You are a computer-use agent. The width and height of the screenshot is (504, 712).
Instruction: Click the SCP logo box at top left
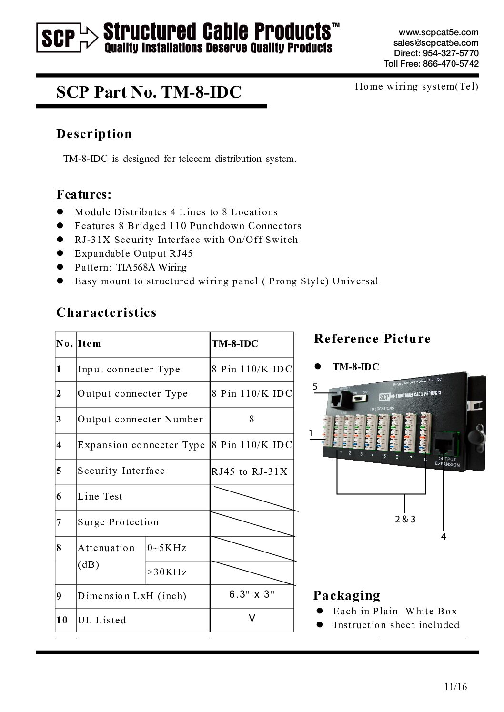59,38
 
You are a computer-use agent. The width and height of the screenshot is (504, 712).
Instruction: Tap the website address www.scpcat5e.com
438,32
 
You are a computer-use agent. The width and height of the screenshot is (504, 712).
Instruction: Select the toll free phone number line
431,64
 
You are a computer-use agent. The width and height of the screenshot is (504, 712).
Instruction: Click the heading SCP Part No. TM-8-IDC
149,91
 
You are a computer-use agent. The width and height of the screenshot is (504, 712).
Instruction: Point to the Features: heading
84,194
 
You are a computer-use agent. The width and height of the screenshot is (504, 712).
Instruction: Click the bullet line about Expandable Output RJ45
133,253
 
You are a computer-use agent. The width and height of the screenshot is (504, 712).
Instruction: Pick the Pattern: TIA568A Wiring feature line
131,267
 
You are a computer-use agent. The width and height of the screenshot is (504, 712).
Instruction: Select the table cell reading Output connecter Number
140,420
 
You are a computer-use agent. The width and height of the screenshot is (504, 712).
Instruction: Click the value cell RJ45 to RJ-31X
250,471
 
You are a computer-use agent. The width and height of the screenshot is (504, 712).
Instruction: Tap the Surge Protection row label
118,522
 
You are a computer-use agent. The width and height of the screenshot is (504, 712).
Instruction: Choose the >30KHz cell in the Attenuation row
167,572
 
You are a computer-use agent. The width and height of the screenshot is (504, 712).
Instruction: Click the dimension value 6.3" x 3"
252,595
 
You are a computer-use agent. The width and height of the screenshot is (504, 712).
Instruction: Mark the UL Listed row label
102,621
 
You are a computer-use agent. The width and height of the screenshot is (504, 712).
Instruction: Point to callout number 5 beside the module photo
315,387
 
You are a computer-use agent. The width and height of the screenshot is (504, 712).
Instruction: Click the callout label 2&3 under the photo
405,519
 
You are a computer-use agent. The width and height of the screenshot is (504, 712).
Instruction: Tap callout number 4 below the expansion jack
444,537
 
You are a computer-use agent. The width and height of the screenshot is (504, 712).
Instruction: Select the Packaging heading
346,595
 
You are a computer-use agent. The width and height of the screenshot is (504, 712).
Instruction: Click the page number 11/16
455,687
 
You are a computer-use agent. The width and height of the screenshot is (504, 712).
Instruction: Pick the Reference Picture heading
372,339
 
